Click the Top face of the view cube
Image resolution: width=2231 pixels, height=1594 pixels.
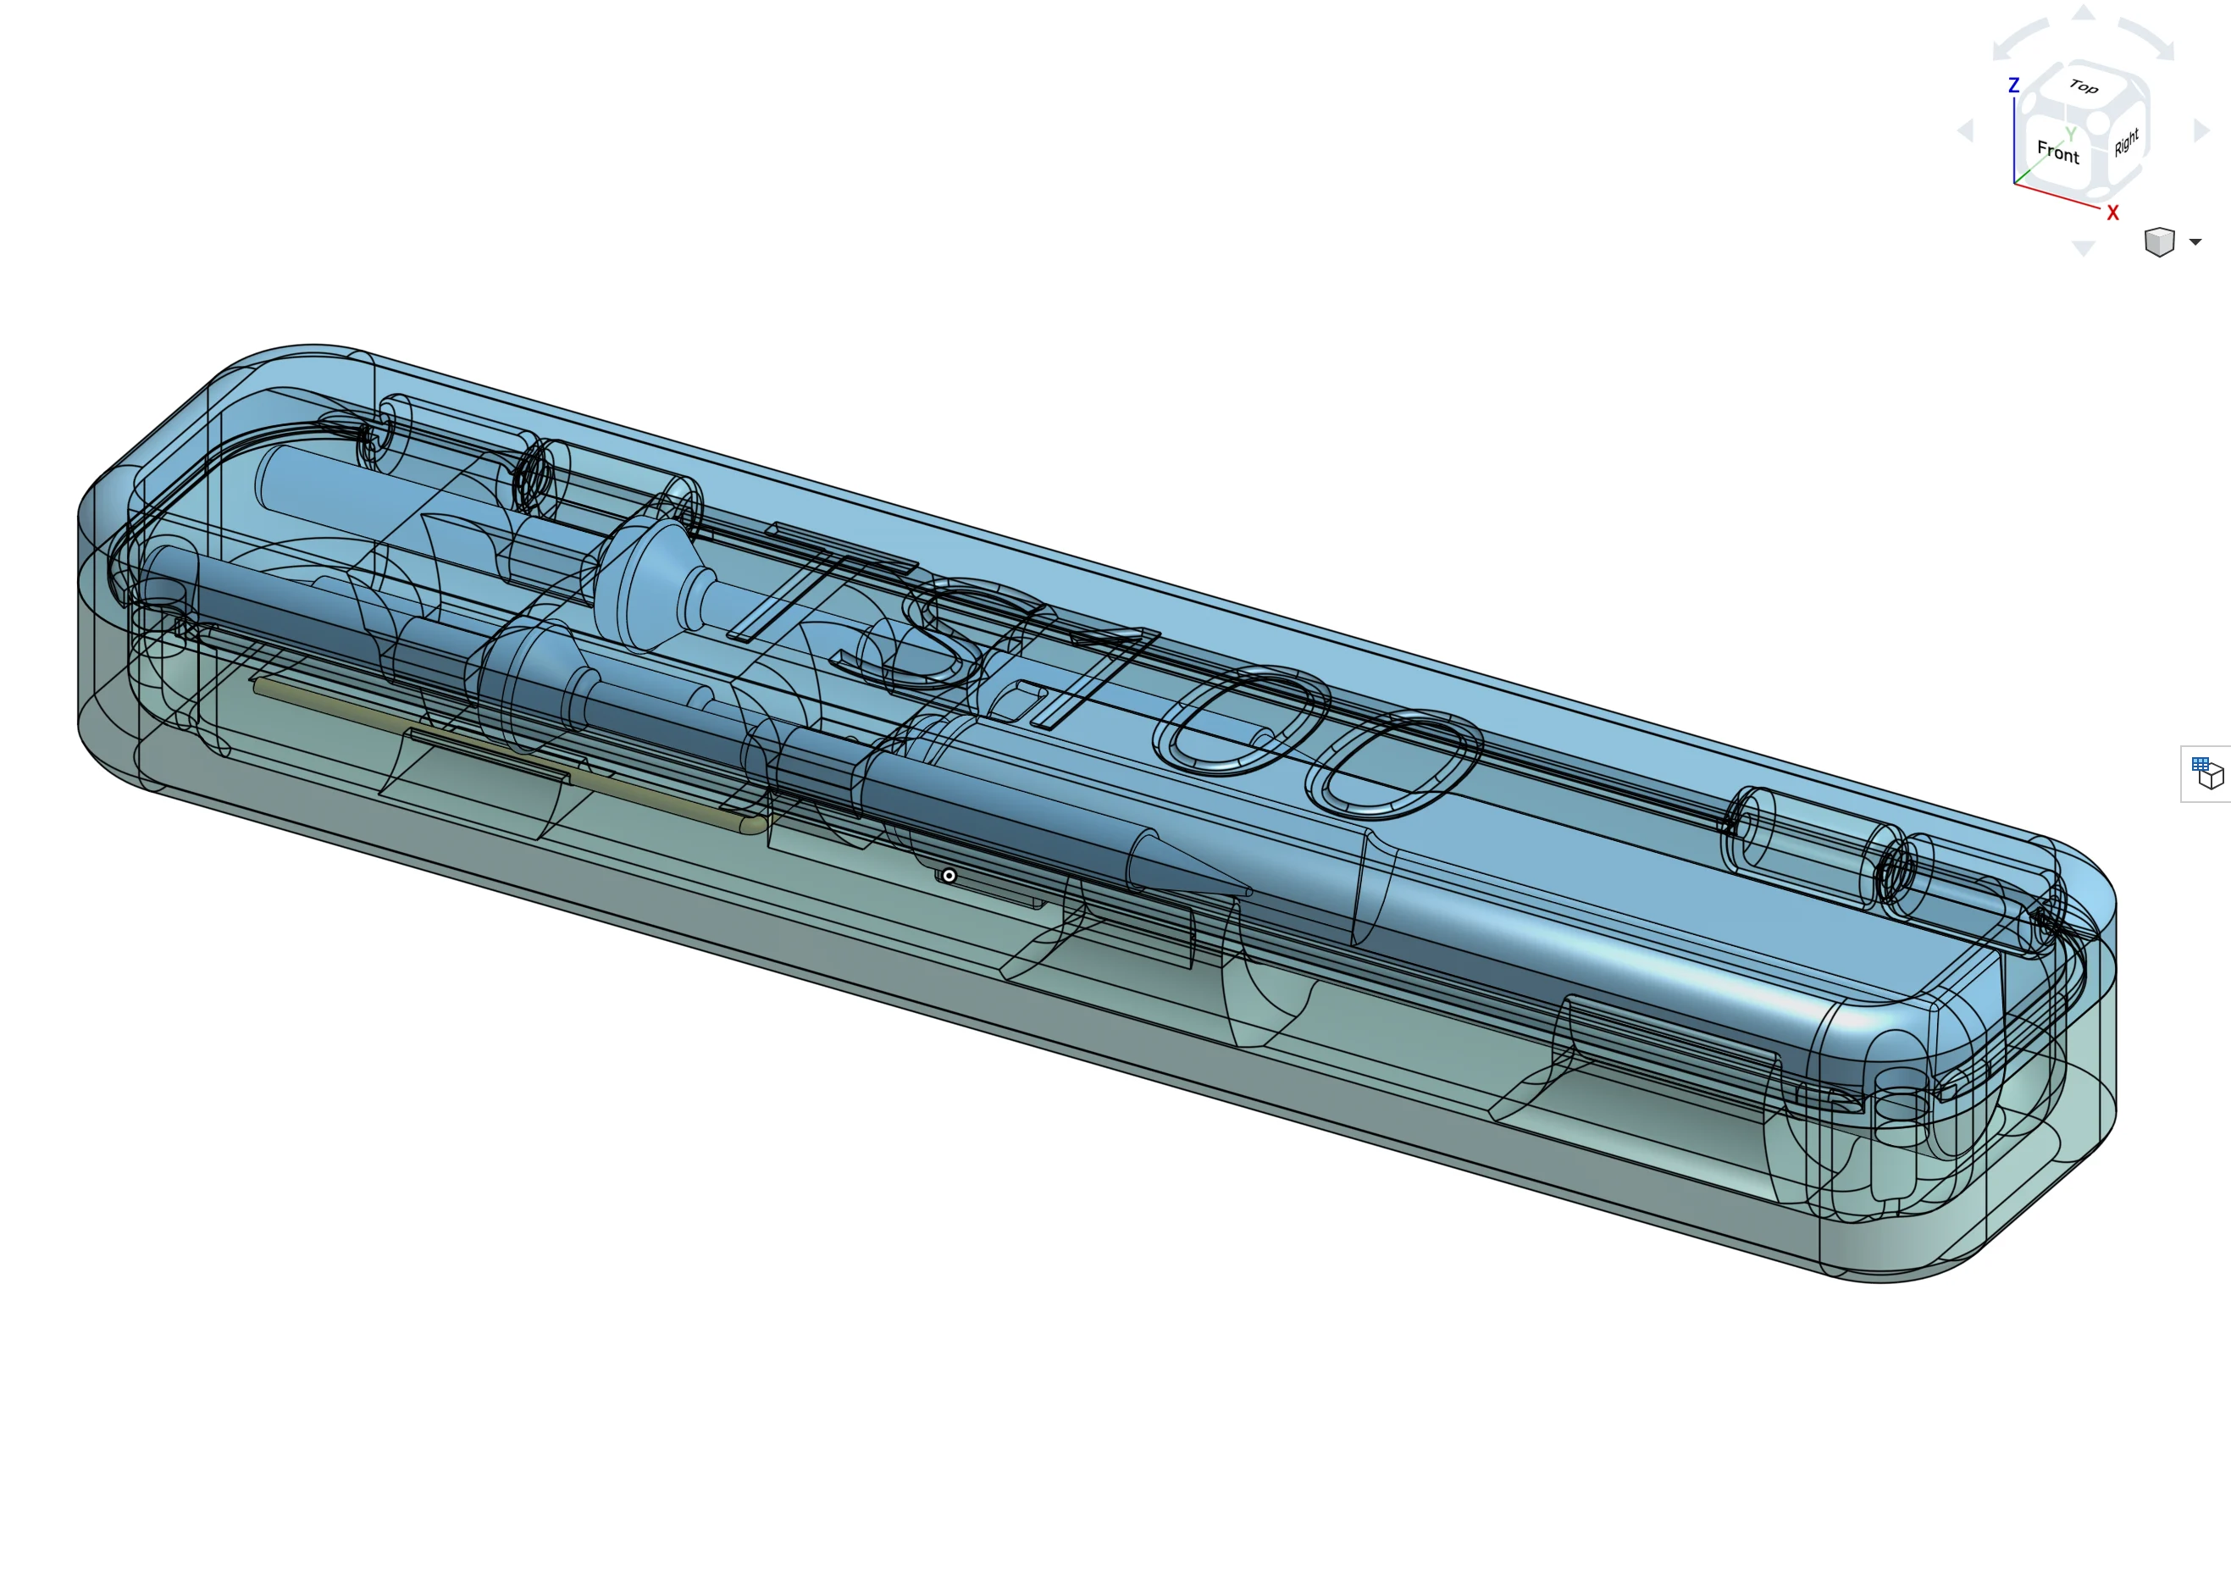[2083, 86]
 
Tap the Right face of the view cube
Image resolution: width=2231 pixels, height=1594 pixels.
[2126, 141]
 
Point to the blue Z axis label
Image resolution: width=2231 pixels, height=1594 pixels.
[2013, 86]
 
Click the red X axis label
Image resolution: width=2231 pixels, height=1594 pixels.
[2112, 213]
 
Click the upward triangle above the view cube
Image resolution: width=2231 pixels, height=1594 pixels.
[2083, 12]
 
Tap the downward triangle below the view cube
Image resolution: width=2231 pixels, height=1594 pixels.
[2083, 248]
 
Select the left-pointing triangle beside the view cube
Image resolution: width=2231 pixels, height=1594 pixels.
[1965, 130]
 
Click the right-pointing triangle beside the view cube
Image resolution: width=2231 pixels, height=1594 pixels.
[2201, 130]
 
